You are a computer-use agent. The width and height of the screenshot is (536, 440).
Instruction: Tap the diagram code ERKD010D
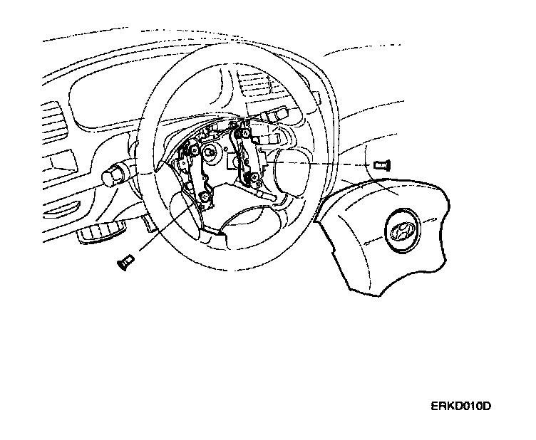point(460,407)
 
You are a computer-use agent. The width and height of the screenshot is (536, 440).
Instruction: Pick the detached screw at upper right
point(380,164)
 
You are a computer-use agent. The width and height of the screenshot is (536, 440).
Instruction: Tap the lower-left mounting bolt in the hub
point(205,196)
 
